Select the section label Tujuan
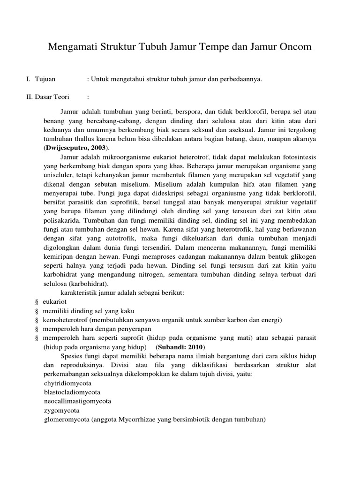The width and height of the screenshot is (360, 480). pyautogui.click(x=45, y=80)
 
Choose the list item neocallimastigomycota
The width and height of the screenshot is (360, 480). pyautogui.click(x=78, y=401)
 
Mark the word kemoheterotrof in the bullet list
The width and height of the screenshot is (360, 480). pyautogui.click(x=65, y=320)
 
